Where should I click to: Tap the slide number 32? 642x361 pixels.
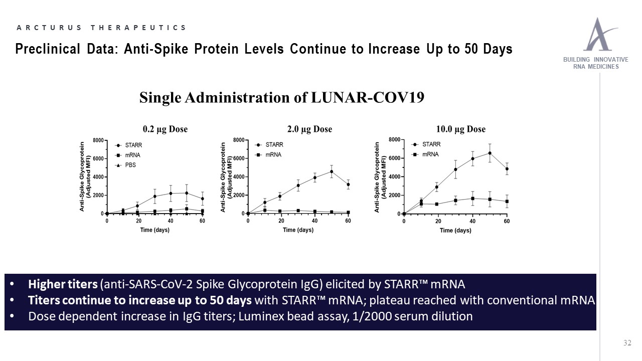627,343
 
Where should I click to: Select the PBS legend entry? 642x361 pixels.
125,165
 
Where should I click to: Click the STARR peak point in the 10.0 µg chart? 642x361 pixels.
490,153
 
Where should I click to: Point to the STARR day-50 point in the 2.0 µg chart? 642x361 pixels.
332,171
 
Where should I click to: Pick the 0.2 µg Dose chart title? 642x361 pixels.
165,129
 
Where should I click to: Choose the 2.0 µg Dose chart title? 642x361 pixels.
309,129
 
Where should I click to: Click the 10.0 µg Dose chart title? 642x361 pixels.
461,129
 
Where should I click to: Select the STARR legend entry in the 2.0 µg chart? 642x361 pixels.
269,145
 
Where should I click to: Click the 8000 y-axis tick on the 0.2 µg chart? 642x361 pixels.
98,140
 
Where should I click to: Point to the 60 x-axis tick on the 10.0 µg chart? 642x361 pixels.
507,221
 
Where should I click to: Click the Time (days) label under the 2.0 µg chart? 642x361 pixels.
298,230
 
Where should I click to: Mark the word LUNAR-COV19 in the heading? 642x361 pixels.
368,97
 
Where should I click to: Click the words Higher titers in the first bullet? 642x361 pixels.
63,284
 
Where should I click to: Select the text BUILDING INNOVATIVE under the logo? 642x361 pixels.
595,60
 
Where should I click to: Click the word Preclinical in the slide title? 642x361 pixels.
48,49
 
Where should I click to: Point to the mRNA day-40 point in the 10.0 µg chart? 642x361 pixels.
472,199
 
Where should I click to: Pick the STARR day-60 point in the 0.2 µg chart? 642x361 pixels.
202,199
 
